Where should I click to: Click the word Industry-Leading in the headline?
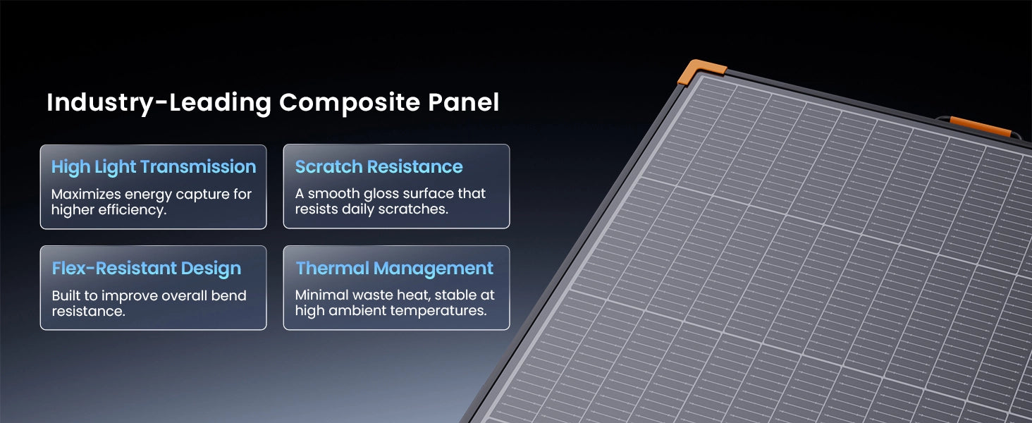159,103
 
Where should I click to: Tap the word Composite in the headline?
350,103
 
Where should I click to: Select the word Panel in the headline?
463,102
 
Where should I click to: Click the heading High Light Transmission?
154,167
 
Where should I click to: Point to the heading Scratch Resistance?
379,167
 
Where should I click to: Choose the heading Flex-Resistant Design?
147,269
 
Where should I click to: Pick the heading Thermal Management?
394,268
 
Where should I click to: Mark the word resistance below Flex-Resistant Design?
88,312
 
